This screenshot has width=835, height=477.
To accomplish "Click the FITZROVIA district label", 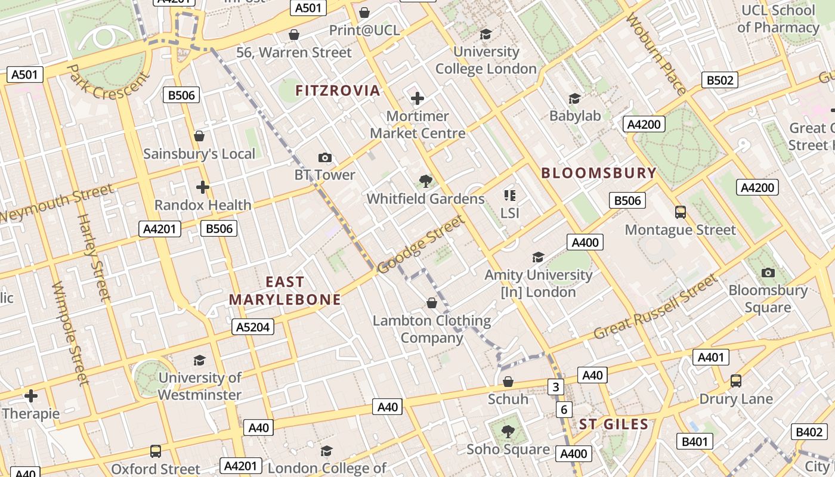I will coord(338,91).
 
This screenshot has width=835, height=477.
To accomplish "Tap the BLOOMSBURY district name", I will coord(598,174).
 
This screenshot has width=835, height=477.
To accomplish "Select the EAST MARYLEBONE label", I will coord(285,291).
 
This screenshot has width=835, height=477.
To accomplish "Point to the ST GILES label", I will coord(614,425).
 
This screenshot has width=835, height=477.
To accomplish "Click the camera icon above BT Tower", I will coord(324,157).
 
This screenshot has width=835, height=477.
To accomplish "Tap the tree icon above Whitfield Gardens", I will coord(425,181).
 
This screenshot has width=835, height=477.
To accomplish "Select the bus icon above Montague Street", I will coord(680,212).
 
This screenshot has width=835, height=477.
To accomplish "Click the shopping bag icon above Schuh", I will coord(508,382).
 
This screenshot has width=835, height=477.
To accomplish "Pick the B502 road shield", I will coord(720,80).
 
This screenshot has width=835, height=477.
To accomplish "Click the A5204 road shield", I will coord(253,327).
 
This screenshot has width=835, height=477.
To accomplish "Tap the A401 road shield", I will coord(711,357).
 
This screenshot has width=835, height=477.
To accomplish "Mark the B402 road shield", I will coord(809,432).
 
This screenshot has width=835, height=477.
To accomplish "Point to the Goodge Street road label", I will coord(420,245).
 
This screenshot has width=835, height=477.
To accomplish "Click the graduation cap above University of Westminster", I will coord(199,360).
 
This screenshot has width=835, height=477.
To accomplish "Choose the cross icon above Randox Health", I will coord(203,187).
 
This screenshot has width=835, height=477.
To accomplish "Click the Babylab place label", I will coord(575,116).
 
